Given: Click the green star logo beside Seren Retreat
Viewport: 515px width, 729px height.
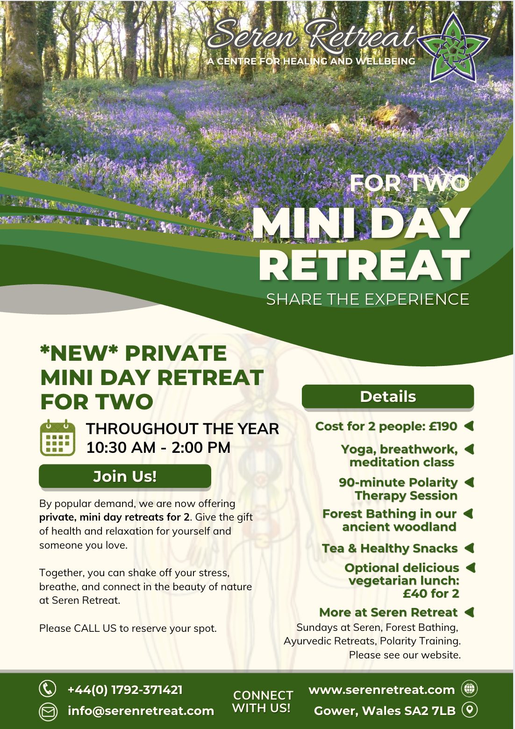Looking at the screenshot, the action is (453, 48).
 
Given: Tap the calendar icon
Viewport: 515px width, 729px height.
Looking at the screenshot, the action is (57, 437).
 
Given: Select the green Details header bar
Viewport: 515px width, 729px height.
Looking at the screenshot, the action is (388, 396).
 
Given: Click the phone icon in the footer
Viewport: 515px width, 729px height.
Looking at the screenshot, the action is (48, 688).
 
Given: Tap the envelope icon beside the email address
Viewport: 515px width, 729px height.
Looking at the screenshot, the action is (48, 711).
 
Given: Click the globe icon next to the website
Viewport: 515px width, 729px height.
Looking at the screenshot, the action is (469, 688).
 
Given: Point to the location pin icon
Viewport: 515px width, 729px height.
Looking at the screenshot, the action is (470, 709).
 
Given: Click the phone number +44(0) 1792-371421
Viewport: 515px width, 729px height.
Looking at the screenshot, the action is (125, 689).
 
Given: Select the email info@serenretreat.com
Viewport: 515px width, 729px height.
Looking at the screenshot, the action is (141, 711).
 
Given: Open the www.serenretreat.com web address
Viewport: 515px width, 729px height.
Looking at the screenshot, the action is (381, 689).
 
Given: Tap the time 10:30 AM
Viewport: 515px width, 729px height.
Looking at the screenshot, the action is (121, 447).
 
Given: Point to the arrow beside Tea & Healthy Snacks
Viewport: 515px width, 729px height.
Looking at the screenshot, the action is (469, 548).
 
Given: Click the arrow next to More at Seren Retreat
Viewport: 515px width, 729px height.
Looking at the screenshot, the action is (469, 612).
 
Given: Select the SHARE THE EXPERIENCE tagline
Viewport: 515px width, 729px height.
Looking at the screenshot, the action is (367, 299).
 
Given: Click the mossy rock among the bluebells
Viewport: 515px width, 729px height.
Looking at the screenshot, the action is (394, 114).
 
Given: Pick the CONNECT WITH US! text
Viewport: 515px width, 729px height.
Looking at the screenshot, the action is (262, 701).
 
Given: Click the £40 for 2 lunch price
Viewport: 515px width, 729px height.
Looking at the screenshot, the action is (431, 593).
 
